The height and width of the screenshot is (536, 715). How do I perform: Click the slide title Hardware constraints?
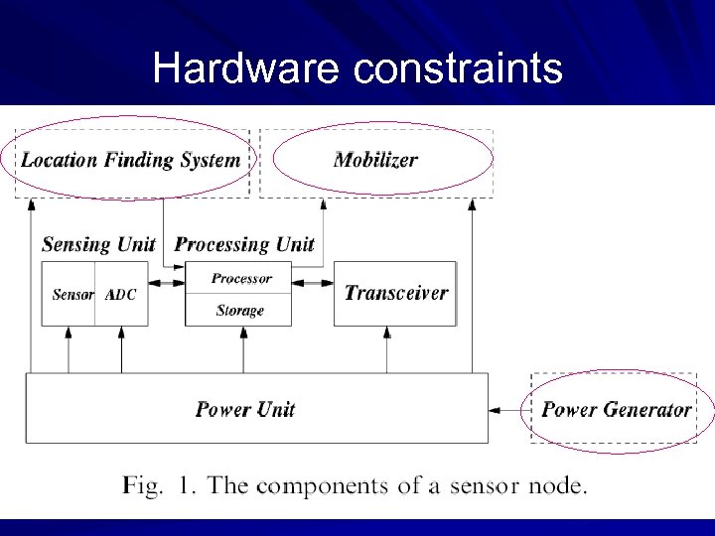tap(357, 68)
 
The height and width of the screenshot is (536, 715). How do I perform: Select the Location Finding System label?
tap(131, 160)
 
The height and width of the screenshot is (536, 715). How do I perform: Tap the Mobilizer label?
tap(375, 160)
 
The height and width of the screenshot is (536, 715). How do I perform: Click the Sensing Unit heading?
tap(98, 244)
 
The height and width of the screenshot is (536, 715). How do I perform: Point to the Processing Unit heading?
tap(244, 244)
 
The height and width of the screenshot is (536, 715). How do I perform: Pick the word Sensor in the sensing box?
tap(72, 295)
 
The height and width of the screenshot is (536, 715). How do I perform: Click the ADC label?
tap(121, 295)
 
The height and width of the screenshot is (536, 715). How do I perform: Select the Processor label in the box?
tap(241, 279)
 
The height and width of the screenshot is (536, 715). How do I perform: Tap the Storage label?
tap(240, 311)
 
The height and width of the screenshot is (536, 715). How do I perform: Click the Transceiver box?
tap(395, 293)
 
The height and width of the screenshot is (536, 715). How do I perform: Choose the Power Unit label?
tap(245, 409)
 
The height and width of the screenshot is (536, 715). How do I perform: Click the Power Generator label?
tap(616, 409)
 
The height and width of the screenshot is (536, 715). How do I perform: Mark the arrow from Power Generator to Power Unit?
tap(509, 409)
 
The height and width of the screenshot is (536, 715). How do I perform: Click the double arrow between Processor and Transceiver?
tap(313, 284)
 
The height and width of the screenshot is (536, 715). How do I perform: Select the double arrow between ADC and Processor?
tap(167, 284)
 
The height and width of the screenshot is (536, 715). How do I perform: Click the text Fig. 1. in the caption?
tap(158, 486)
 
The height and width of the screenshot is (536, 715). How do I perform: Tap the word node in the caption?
tap(560, 486)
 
